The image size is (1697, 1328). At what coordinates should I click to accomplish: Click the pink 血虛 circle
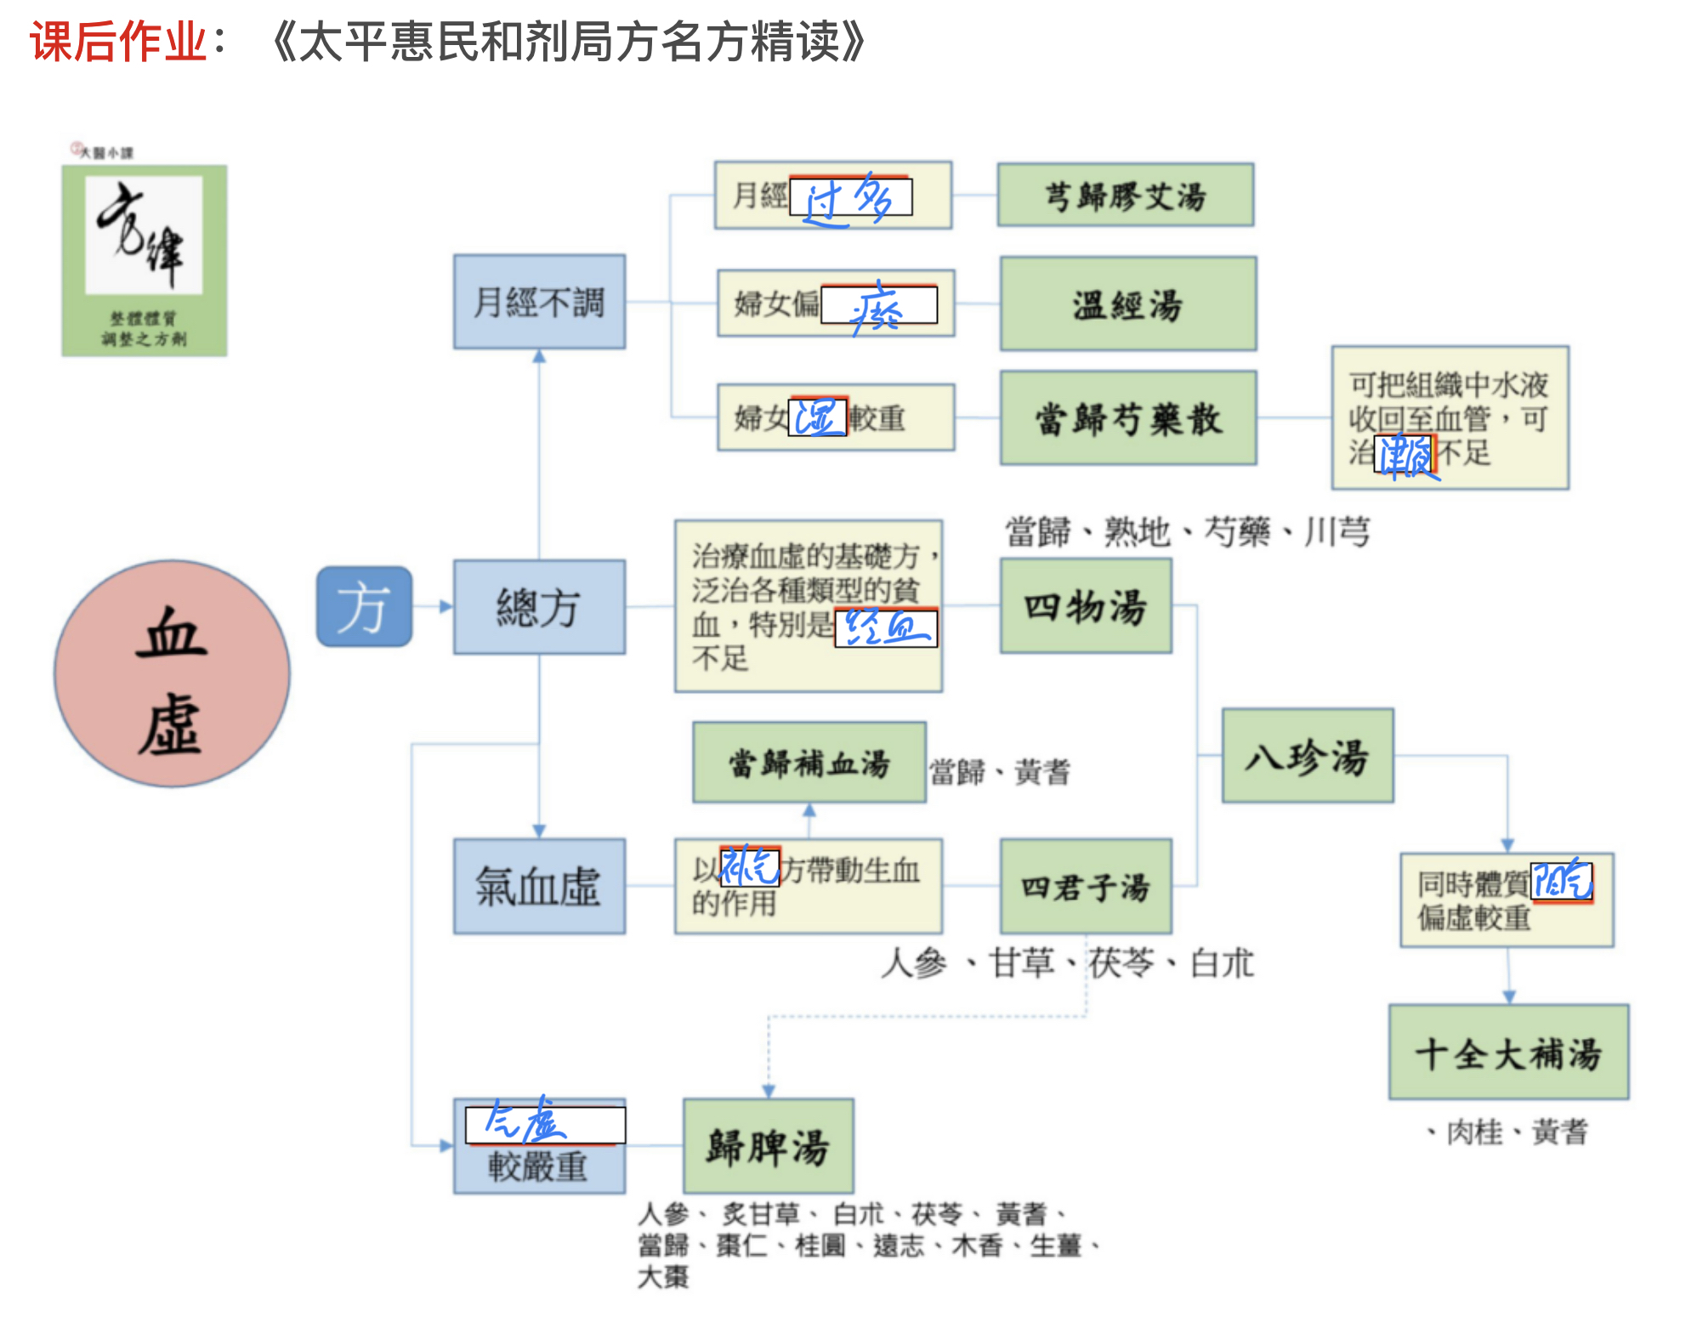[172, 673]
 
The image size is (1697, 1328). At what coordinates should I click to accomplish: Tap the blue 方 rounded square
[364, 607]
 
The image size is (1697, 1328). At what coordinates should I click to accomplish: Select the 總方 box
[539, 607]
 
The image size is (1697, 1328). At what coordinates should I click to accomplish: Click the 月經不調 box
[539, 302]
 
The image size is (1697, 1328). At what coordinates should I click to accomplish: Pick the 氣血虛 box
[539, 886]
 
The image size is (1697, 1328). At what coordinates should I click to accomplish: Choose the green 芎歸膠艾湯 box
[1125, 196]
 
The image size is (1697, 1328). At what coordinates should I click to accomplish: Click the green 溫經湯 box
[1127, 304]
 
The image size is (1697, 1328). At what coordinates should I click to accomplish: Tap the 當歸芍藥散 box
[1127, 417]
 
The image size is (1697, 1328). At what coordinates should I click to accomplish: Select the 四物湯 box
[1086, 606]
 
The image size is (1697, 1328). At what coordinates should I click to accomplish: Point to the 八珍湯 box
[1308, 756]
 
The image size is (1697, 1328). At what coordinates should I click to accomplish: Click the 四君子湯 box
[1086, 886]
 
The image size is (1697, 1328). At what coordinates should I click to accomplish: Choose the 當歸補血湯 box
[809, 763]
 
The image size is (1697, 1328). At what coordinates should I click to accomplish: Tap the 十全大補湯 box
[1508, 1053]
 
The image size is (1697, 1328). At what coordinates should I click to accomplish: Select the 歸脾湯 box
[768, 1145]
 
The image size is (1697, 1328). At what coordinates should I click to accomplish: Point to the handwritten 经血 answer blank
[886, 628]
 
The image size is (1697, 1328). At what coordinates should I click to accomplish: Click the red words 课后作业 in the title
[119, 41]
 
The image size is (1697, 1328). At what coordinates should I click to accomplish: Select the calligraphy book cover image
[145, 260]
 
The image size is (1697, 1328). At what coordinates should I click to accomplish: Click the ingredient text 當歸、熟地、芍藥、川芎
[1187, 532]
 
